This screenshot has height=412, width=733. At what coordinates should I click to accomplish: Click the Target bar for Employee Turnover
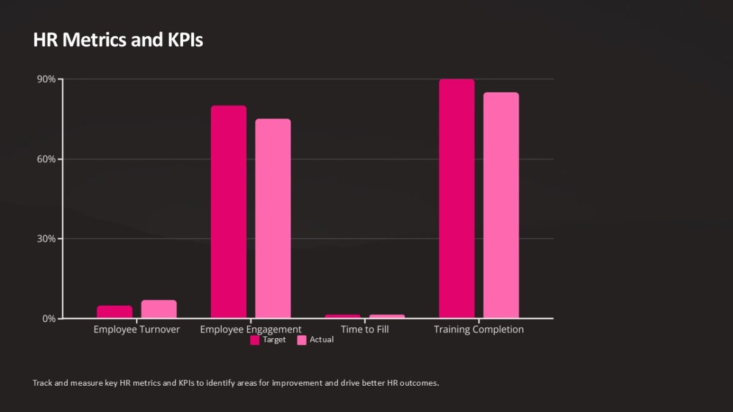pyautogui.click(x=114, y=312)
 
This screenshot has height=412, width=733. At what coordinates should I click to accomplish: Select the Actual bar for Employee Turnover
pyautogui.click(x=159, y=309)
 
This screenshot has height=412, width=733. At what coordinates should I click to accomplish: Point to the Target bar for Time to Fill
pyautogui.click(x=343, y=316)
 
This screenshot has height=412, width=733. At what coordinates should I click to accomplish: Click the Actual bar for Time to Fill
pyautogui.click(x=387, y=316)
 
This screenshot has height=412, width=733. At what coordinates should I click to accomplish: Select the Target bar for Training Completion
pyautogui.click(x=456, y=198)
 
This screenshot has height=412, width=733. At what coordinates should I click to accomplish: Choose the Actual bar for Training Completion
pyautogui.click(x=501, y=205)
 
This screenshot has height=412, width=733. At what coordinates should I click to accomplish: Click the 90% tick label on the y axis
pyautogui.click(x=46, y=79)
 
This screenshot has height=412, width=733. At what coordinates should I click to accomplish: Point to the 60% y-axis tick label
pyautogui.click(x=46, y=159)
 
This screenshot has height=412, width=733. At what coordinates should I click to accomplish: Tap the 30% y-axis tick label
pyautogui.click(x=46, y=239)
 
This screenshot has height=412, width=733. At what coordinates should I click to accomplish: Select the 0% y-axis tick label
pyautogui.click(x=49, y=319)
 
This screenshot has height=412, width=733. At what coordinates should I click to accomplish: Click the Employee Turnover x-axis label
pyautogui.click(x=137, y=330)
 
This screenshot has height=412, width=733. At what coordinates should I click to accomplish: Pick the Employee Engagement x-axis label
pyautogui.click(x=250, y=330)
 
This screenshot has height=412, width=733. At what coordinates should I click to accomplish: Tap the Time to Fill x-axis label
pyautogui.click(x=365, y=330)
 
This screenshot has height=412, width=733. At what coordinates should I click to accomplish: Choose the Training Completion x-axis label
pyautogui.click(x=479, y=330)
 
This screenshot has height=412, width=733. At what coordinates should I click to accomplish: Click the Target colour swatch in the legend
pyautogui.click(x=255, y=341)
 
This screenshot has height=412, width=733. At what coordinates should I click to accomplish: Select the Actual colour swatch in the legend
pyautogui.click(x=302, y=341)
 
